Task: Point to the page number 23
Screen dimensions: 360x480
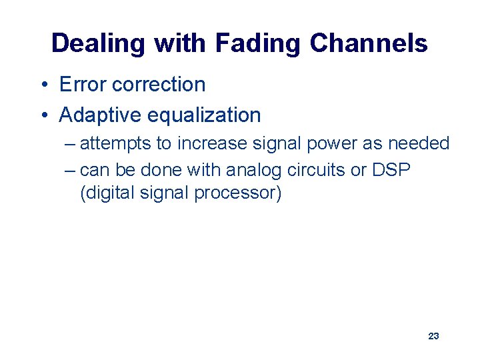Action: coord(433,336)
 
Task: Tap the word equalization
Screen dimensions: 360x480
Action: coord(203,115)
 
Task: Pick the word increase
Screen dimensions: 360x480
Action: coord(209,143)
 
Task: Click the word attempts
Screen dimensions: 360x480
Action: coord(115,144)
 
